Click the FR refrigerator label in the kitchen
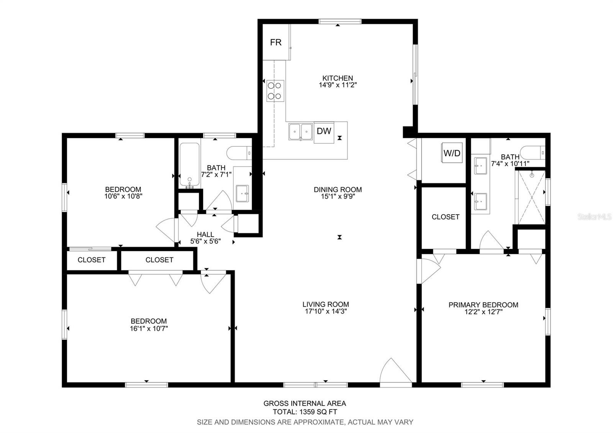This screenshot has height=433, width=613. (x=275, y=43)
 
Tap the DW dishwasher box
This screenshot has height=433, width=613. (x=324, y=133)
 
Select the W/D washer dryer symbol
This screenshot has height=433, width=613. (x=452, y=153)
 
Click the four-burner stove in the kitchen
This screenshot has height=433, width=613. (x=275, y=91)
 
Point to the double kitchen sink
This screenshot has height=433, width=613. (x=300, y=132)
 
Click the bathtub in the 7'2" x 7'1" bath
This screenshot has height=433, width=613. (x=189, y=165)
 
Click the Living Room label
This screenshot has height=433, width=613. (x=326, y=304)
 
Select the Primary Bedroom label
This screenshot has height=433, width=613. (x=483, y=305)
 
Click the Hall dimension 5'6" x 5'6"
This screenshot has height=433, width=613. (x=205, y=241)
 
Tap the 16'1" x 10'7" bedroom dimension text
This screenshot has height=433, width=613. (x=149, y=328)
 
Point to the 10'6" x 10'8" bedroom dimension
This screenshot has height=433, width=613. (x=123, y=196)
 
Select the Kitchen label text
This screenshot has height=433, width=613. (x=338, y=78)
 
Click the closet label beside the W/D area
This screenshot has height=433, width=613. (x=446, y=217)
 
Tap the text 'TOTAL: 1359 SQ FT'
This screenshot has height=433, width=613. (x=305, y=412)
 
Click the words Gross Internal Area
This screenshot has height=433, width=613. (x=305, y=403)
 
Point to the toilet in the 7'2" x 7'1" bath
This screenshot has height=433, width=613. (x=239, y=153)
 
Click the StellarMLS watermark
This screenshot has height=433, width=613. (x=594, y=217)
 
